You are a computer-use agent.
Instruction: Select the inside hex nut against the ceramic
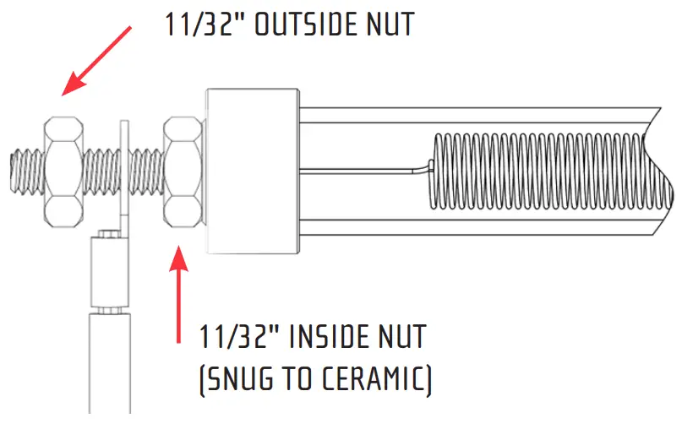[x=182, y=171]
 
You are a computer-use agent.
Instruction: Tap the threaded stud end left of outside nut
[x=25, y=169]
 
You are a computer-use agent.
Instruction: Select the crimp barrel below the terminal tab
[x=109, y=270]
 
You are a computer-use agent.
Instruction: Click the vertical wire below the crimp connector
[x=109, y=363]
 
